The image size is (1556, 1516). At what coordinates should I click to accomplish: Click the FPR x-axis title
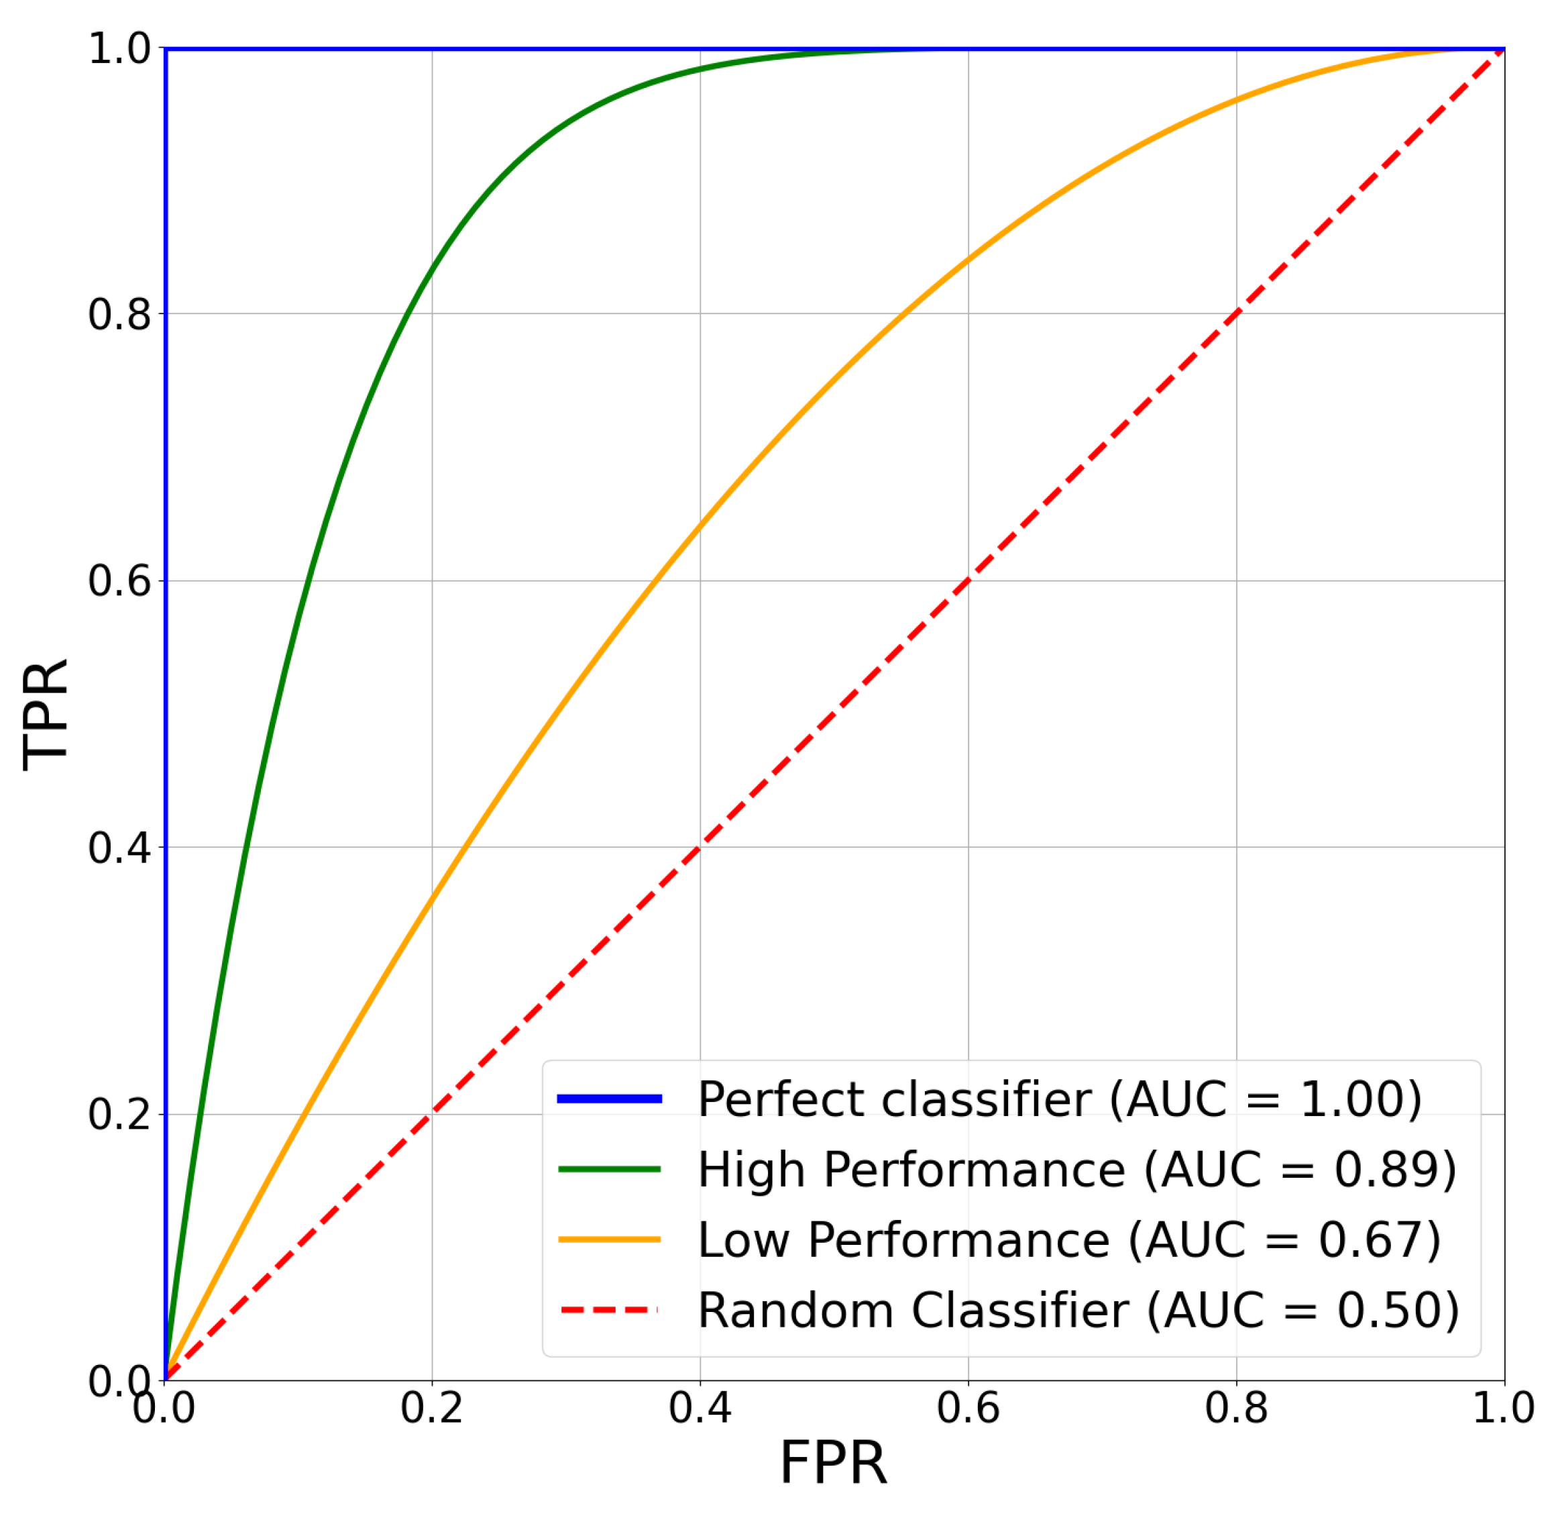(x=832, y=1464)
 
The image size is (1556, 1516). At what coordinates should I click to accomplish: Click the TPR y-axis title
(x=46, y=715)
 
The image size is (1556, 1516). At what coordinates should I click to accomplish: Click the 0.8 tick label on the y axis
(x=119, y=315)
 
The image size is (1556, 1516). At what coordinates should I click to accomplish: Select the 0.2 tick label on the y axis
(x=119, y=1114)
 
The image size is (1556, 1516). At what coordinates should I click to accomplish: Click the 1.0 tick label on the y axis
(x=119, y=50)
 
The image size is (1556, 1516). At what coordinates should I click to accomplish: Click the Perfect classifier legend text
(x=1059, y=1099)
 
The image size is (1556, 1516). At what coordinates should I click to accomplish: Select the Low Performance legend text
(x=1069, y=1240)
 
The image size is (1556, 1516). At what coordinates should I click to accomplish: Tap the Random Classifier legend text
(x=1078, y=1310)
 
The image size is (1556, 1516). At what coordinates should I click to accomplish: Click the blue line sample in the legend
(x=610, y=1099)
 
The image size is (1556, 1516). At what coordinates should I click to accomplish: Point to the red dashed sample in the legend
(x=610, y=1309)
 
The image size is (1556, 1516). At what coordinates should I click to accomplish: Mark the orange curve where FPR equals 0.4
(x=700, y=525)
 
